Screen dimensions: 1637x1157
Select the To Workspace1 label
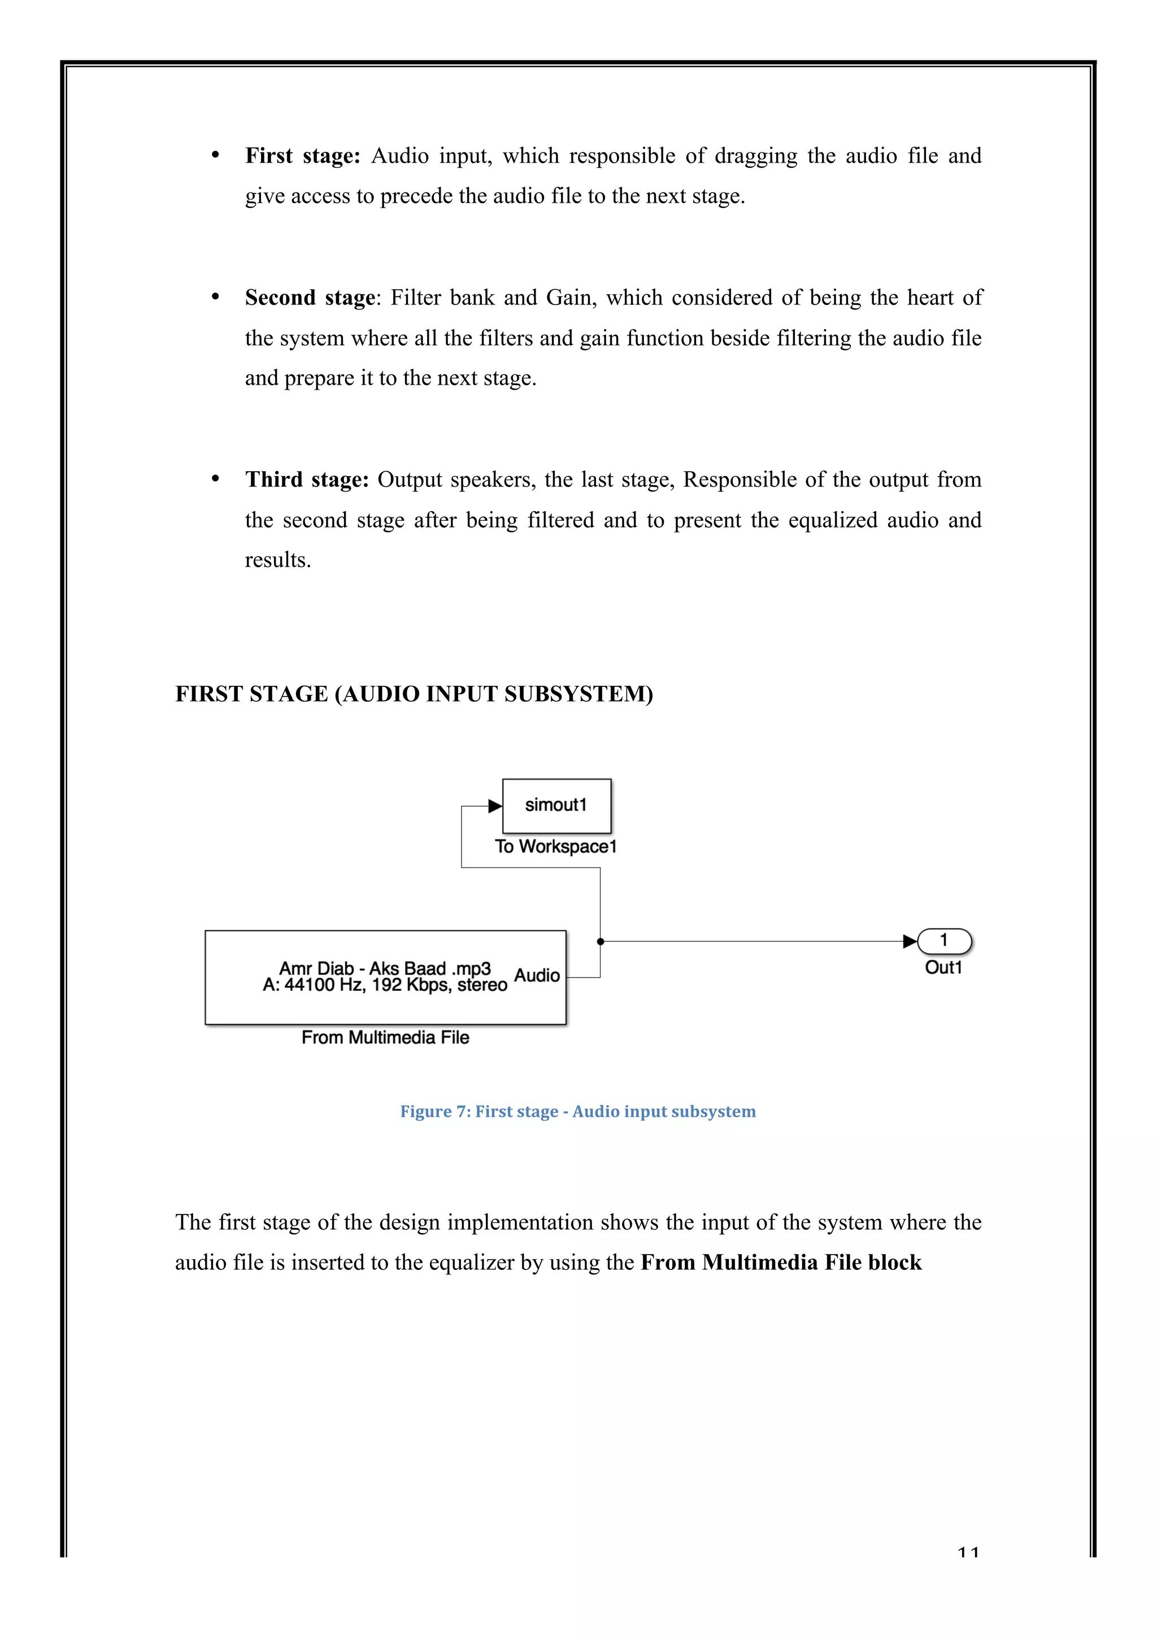click(555, 846)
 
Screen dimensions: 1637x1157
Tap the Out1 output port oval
click(944, 941)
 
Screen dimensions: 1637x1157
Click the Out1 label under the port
click(943, 968)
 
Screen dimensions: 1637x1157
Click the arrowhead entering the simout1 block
click(495, 807)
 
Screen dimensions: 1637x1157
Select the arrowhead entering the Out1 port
click(910, 941)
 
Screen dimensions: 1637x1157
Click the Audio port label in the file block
click(537, 976)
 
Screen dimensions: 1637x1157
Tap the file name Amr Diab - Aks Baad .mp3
click(385, 968)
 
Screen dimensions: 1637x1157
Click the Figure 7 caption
click(577, 1112)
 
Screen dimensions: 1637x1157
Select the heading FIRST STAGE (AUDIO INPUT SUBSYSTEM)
click(414, 694)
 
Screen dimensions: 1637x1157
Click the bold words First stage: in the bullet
click(303, 155)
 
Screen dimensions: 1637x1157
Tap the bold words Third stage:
click(307, 479)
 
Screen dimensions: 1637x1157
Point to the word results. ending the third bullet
click(278, 560)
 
